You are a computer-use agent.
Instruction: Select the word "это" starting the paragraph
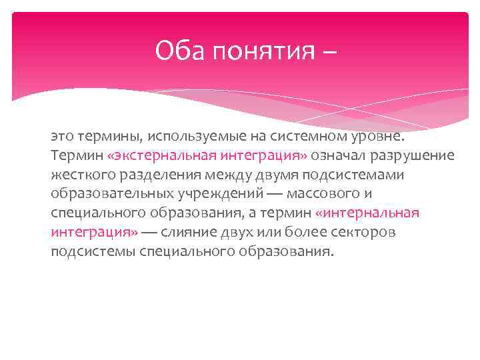[61, 137]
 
